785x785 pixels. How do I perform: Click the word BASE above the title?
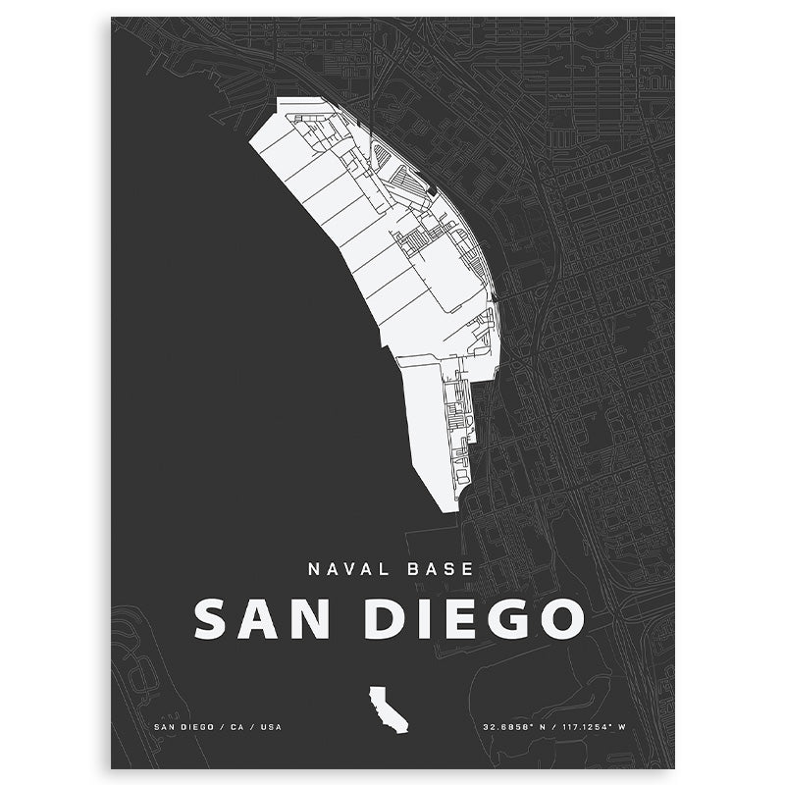click(440, 568)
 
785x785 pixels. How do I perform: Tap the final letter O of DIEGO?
click(561, 619)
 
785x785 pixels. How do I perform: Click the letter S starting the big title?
click(213, 619)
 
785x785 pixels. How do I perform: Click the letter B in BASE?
click(411, 568)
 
